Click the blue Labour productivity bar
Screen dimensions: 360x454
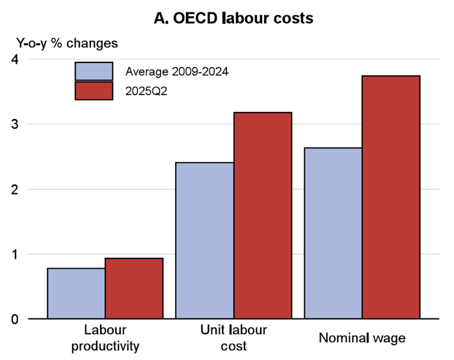tap(76, 294)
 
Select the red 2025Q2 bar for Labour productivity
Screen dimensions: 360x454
tap(134, 288)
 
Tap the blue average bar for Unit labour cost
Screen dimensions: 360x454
tap(205, 240)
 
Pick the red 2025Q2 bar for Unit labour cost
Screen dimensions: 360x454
tap(263, 215)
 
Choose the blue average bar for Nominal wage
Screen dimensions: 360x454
tap(334, 233)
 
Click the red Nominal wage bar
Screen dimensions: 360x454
tap(391, 197)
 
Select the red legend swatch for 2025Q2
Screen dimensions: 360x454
tap(94, 90)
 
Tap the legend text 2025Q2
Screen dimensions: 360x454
tap(146, 90)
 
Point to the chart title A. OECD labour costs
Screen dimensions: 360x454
tap(234, 18)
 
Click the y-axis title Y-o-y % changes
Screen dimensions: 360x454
tap(67, 44)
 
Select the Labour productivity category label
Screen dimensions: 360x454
tap(105, 337)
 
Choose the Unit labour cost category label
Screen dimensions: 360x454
tap(234, 337)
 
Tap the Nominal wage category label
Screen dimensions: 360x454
tap(362, 338)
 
